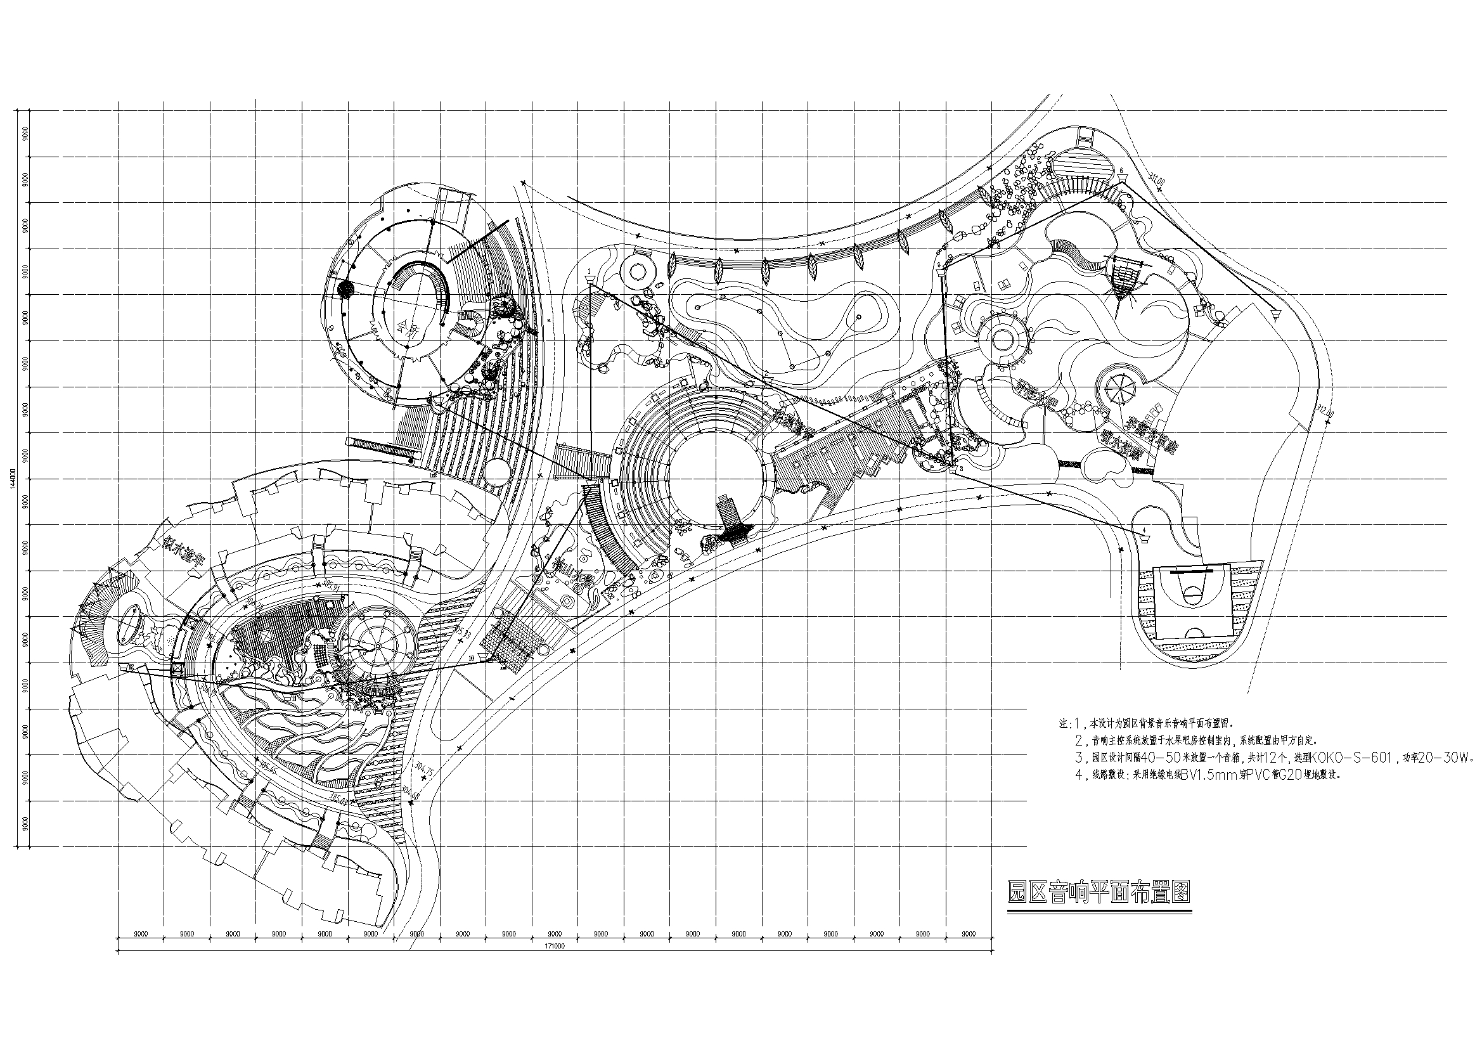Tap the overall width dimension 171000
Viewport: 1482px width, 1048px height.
[x=555, y=947]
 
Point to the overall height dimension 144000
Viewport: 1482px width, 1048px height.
[x=12, y=479]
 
